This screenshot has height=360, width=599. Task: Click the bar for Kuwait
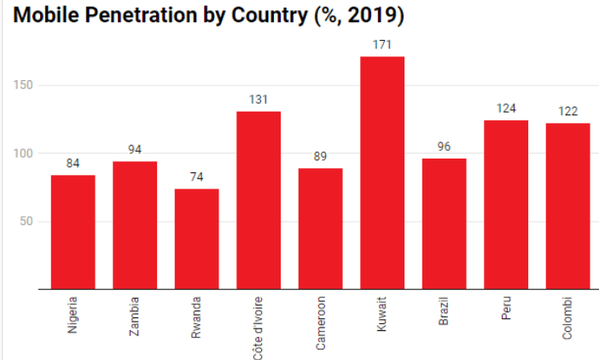click(382, 173)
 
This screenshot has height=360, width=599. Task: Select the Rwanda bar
click(196, 239)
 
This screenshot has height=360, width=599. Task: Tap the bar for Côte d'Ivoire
click(259, 200)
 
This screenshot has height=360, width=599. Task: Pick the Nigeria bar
click(73, 232)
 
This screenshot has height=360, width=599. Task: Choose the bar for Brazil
click(444, 224)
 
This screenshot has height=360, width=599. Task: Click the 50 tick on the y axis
click(26, 222)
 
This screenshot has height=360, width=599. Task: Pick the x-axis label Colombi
click(567, 319)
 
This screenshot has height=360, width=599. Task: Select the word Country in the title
click(283, 16)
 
